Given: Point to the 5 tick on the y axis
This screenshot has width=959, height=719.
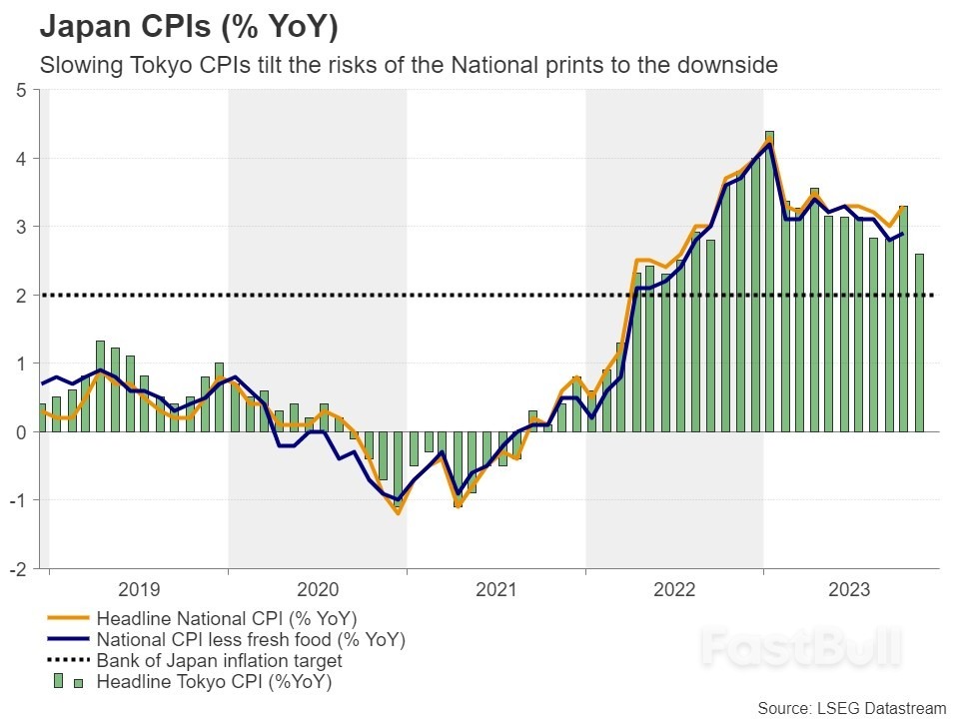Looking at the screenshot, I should click(x=20, y=90).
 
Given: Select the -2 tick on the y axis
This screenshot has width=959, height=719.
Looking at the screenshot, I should click(x=17, y=569).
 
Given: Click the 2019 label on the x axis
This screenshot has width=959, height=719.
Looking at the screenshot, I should click(x=138, y=590).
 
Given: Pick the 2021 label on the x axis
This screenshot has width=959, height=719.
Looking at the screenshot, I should click(x=495, y=590).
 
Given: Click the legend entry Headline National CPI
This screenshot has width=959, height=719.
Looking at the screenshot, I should click(x=226, y=617).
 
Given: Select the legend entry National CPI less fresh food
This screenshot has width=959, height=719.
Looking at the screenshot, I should click(x=250, y=639).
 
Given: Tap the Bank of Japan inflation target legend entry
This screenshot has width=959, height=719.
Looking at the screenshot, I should click(x=219, y=661).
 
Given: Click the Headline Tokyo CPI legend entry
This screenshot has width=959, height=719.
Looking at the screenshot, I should click(x=214, y=683).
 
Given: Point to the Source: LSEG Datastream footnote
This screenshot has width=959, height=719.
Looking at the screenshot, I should click(x=851, y=708).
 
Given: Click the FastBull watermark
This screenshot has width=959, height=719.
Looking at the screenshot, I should click(x=799, y=647).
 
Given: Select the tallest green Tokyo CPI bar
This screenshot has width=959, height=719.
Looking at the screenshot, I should click(x=769, y=280).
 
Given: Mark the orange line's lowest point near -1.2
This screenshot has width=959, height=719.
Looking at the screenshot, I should click(x=398, y=513).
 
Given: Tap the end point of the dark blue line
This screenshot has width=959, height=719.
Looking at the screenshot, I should click(x=903, y=234).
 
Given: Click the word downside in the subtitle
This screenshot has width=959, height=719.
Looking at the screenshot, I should click(x=730, y=66).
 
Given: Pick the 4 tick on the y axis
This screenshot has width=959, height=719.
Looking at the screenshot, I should click(x=20, y=159).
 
